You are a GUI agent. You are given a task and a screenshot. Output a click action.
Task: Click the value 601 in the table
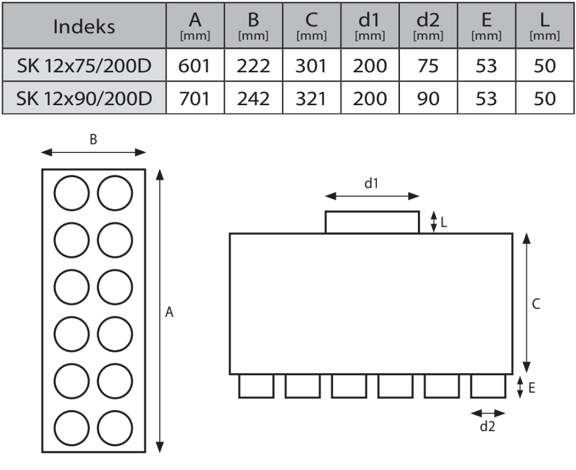pos(195,66)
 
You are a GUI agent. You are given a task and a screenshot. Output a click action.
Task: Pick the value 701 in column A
pos(195,99)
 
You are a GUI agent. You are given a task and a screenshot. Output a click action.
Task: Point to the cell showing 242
pos(253,99)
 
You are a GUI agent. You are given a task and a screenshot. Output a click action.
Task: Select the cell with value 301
pos(311,66)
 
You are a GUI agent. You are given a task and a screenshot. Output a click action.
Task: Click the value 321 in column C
pos(311,99)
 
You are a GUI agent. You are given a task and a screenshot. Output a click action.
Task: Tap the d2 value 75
pos(428,66)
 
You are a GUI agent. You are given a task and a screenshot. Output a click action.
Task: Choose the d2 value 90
pos(428,99)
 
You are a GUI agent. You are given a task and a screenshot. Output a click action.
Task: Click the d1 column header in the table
pos(369,27)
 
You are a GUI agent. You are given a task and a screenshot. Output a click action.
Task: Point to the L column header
pos(544,27)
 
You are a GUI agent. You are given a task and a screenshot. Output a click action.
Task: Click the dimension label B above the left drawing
pos(93,139)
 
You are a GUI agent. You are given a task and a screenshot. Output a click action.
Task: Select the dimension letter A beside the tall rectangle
pos(169,312)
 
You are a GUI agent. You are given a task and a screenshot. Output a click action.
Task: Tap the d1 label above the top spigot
pos(371,184)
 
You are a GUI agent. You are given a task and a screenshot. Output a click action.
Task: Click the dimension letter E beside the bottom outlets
pos(532,387)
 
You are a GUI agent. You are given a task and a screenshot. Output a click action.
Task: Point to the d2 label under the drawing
pos(488,427)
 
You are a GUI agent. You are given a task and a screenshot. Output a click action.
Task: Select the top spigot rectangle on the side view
pos(372,222)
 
